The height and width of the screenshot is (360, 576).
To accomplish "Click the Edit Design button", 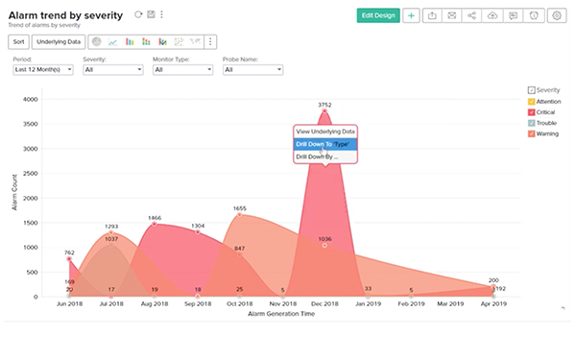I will point(377,15).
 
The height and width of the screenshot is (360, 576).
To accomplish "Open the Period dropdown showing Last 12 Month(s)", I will point(42,69).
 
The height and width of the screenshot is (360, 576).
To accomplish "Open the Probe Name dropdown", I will point(252,69).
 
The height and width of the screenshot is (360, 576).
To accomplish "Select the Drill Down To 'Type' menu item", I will point(324,143).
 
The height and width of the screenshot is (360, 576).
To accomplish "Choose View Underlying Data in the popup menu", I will point(324,131).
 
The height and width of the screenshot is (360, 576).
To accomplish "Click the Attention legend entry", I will point(552,100).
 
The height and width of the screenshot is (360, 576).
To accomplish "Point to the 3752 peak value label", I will point(325,105).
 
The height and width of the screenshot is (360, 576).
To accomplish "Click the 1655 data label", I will point(240,208).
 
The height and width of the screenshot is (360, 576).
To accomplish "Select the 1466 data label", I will point(155,218).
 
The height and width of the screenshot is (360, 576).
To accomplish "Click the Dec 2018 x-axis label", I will point(325,303).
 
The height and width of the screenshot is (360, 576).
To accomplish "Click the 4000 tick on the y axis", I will point(30,99).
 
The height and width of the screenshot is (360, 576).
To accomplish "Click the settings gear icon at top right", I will point(555,15).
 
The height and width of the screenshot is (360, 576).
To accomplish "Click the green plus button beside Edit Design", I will point(411,15).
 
